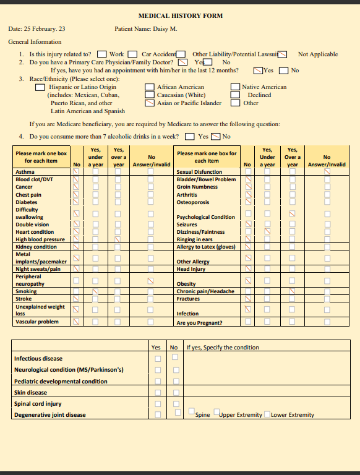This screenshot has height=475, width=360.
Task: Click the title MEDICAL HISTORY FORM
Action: click(180, 15)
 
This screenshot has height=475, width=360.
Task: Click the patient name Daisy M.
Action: click(165, 29)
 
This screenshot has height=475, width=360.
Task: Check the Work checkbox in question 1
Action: click(102, 54)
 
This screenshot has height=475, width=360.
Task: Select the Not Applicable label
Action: click(318, 54)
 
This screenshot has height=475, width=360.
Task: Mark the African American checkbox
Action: click(150, 87)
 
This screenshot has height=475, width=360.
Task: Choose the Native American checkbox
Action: click(235, 87)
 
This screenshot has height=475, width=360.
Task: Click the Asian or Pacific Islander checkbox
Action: click(150, 103)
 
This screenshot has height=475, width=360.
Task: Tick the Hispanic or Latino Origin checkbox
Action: click(40, 87)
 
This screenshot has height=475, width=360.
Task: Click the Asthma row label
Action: click(25, 172)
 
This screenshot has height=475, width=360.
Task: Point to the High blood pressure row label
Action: click(40, 239)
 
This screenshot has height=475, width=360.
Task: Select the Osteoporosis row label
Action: click(193, 202)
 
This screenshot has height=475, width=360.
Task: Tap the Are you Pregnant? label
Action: click(200, 323)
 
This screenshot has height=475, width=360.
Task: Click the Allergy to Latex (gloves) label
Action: click(206, 247)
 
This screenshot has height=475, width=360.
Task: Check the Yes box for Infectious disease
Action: click(158, 359)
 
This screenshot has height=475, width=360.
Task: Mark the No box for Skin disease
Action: click(176, 393)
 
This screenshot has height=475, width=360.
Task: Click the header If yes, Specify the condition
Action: click(223, 348)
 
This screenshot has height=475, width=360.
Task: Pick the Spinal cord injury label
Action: click(38, 404)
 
